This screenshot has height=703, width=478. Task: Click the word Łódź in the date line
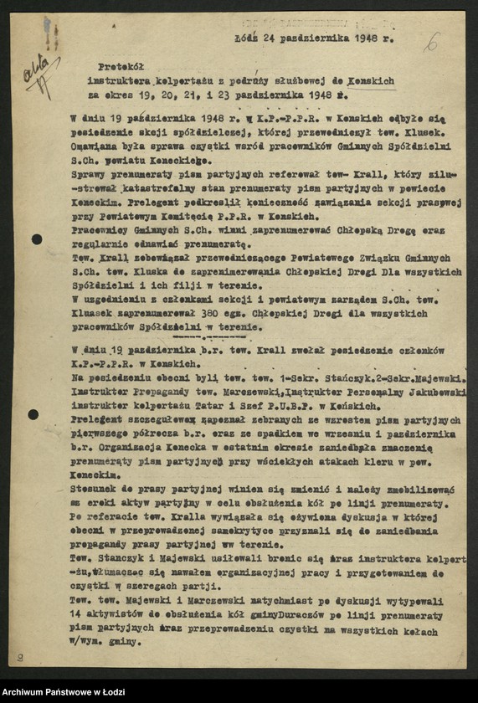point(248,38)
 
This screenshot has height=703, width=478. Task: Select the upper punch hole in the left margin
point(37,239)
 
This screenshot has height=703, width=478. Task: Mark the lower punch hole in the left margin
point(33,414)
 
